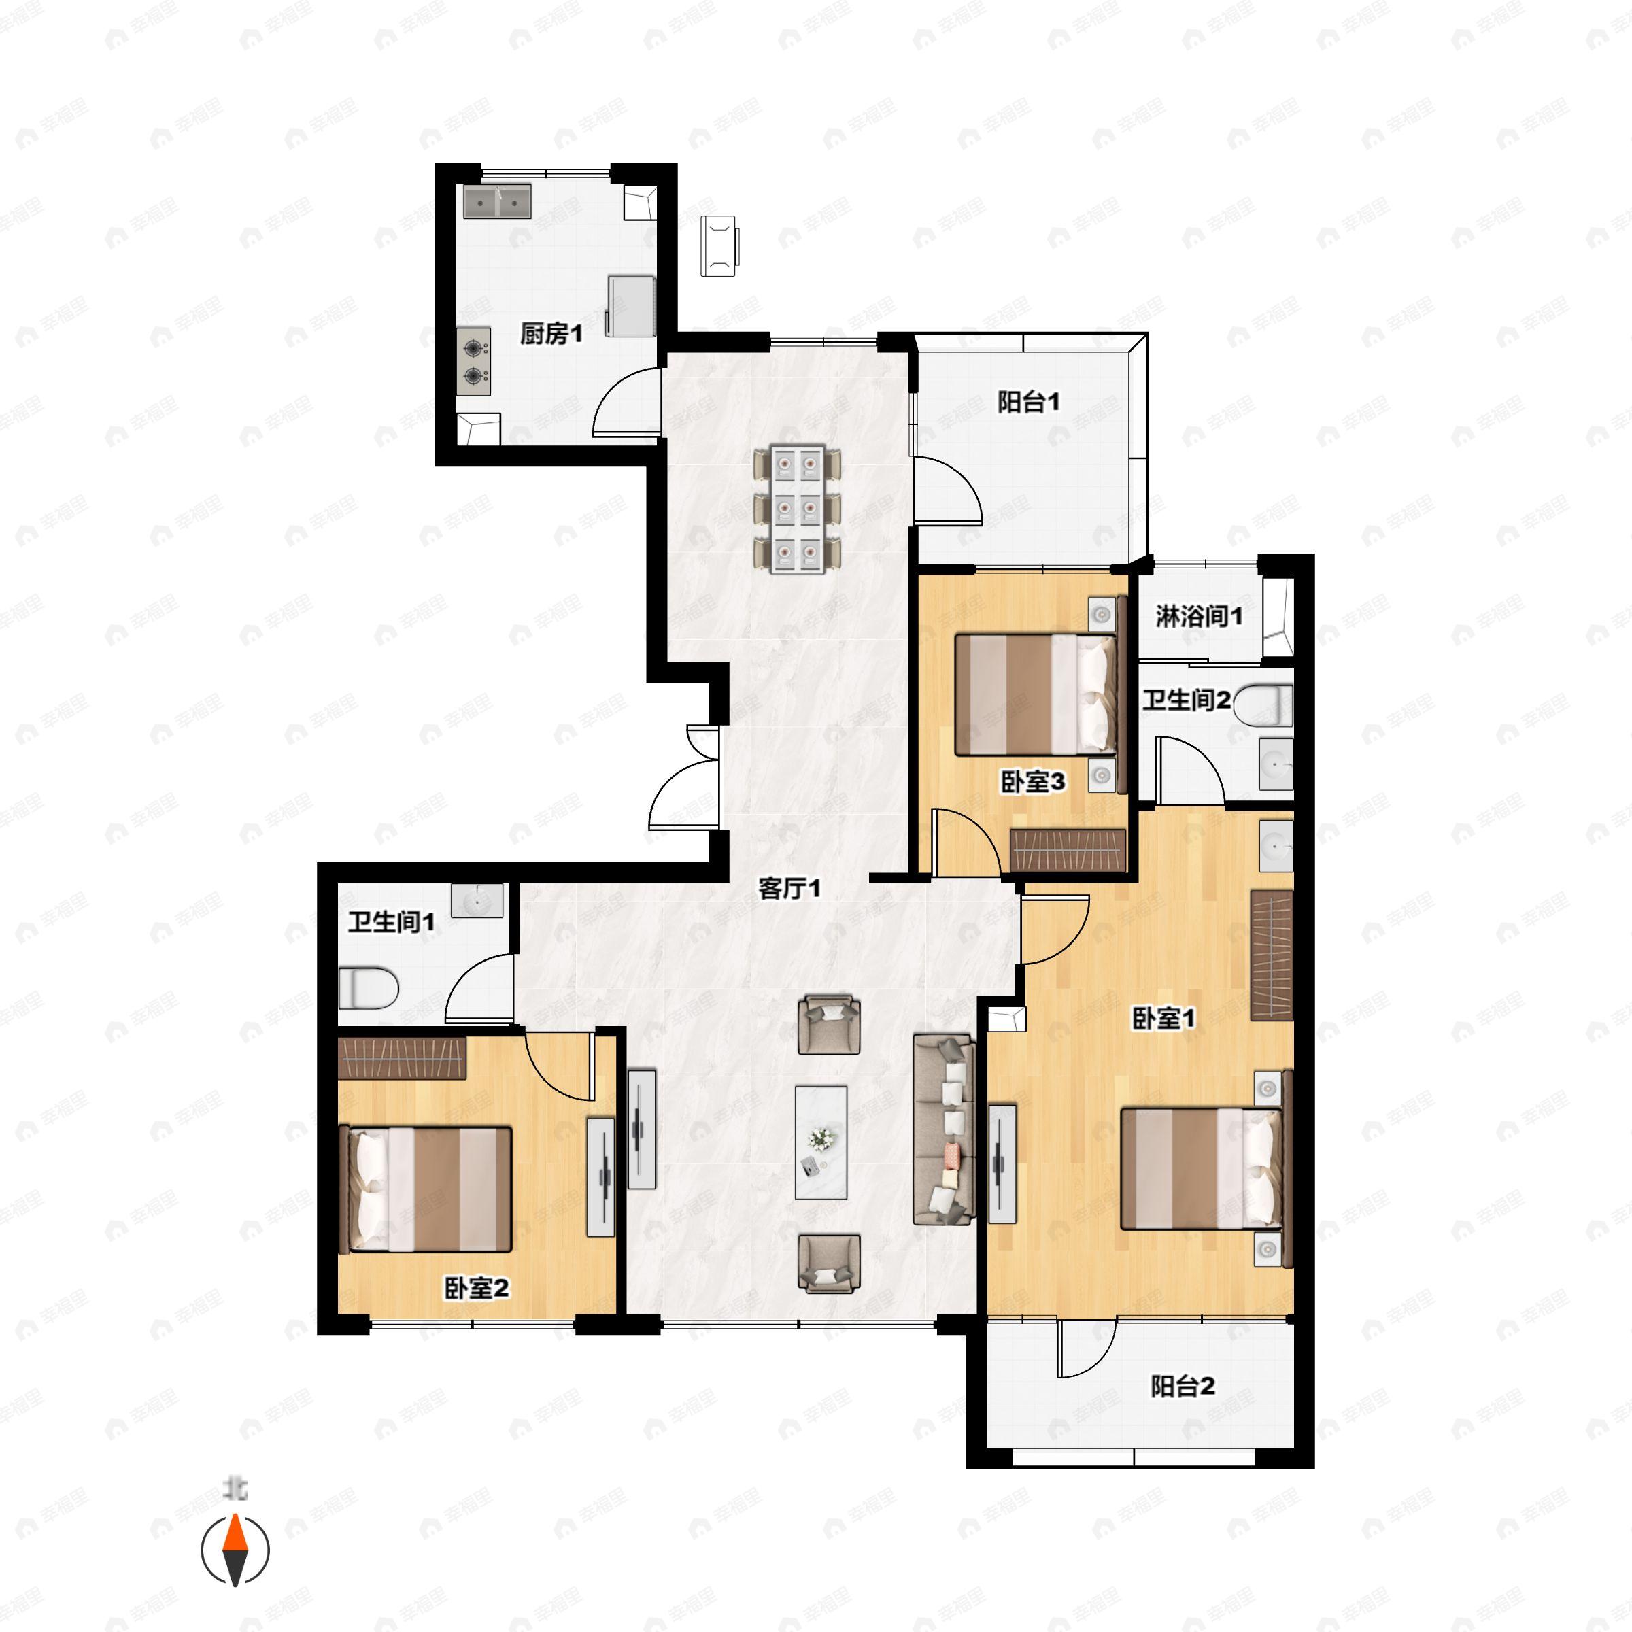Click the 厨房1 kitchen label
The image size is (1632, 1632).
pyautogui.click(x=551, y=335)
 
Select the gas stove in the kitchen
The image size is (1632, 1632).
pyautogui.click(x=475, y=362)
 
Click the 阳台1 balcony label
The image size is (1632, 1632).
pyautogui.click(x=1028, y=403)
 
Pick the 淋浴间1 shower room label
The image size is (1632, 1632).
pyautogui.click(x=1199, y=617)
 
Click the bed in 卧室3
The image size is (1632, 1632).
pyautogui.click(x=1036, y=694)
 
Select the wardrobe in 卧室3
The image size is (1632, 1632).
pyautogui.click(x=1068, y=850)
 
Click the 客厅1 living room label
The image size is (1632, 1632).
pyautogui.click(x=789, y=889)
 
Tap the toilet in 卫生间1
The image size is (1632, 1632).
pyautogui.click(x=369, y=987)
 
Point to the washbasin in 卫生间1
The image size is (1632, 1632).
pyautogui.click(x=477, y=900)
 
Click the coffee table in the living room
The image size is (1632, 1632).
pyautogui.click(x=821, y=1142)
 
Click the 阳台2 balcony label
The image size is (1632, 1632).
pyautogui.click(x=1183, y=1387)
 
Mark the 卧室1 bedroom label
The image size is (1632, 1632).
pyautogui.click(x=1163, y=1019)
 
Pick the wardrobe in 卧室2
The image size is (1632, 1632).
pyautogui.click(x=401, y=1057)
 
